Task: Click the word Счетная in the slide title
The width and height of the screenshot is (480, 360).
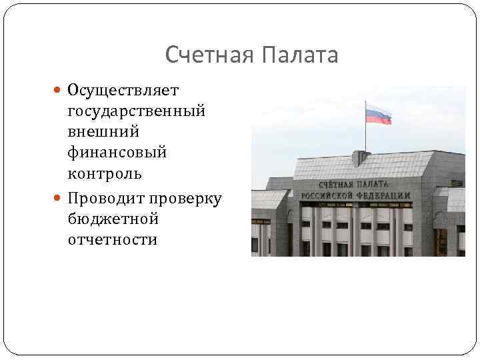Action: click(x=207, y=55)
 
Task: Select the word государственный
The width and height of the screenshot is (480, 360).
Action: click(x=136, y=111)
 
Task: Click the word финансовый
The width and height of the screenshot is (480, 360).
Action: click(x=117, y=153)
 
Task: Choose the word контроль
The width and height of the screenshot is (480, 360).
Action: click(x=105, y=175)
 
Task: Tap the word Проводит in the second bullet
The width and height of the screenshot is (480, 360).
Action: click(x=107, y=198)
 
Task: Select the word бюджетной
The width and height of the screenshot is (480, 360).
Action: click(x=113, y=219)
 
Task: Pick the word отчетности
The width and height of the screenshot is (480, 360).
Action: click(x=113, y=240)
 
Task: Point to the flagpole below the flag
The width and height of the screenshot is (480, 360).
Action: click(x=365, y=137)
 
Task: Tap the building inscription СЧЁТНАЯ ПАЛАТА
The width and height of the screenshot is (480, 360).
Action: click(x=354, y=183)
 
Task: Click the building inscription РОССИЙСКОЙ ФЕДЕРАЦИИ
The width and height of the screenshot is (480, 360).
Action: click(x=355, y=195)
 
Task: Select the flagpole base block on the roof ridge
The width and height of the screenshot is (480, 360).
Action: click(x=361, y=158)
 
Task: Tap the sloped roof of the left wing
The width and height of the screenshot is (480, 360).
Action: click(x=269, y=199)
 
